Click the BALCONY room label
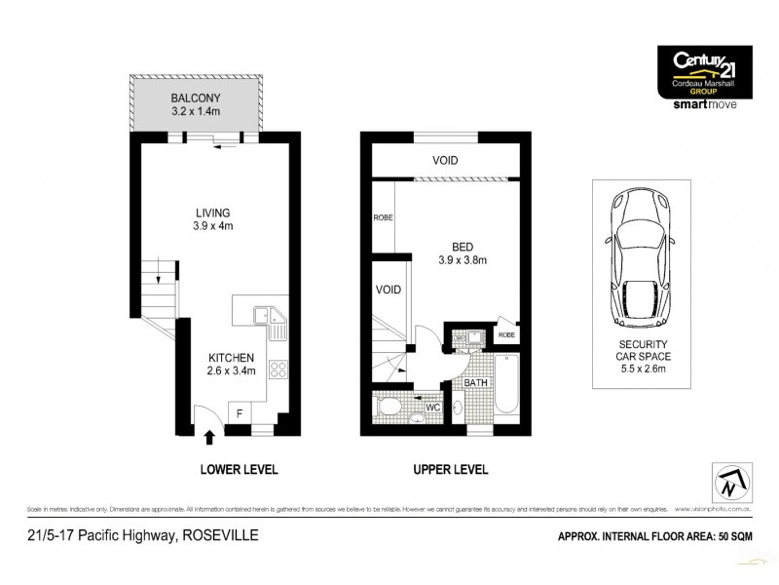pyautogui.click(x=198, y=98)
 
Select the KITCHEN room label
pyautogui.click(x=231, y=358)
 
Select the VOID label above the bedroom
pyautogui.click(x=445, y=160)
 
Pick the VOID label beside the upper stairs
pyautogui.click(x=388, y=290)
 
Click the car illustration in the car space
pyautogui.click(x=640, y=259)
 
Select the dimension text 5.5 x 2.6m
pyautogui.click(x=641, y=370)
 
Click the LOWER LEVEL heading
pyautogui.click(x=240, y=469)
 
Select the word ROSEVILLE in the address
pyautogui.click(x=224, y=535)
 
